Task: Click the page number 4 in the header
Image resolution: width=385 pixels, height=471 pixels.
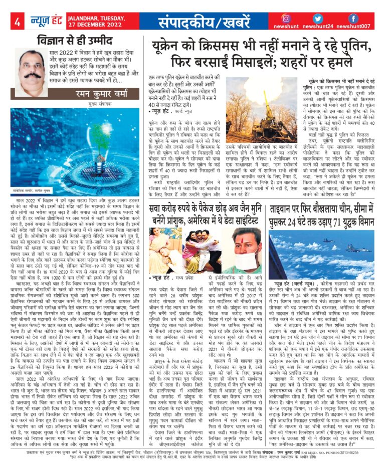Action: (x=17, y=22)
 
